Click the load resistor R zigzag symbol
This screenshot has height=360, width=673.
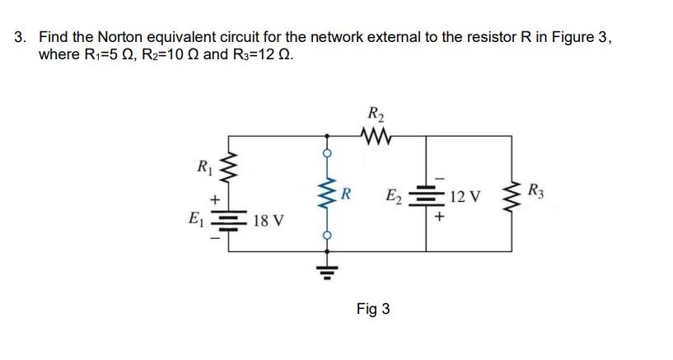point(327,196)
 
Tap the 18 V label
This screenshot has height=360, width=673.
point(269,221)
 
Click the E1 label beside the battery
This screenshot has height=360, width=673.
point(195,220)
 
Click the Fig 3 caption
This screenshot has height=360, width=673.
point(373,309)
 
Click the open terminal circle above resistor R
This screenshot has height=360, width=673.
point(327,153)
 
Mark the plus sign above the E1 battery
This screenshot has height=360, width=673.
point(215,199)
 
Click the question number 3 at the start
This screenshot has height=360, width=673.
point(20,37)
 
